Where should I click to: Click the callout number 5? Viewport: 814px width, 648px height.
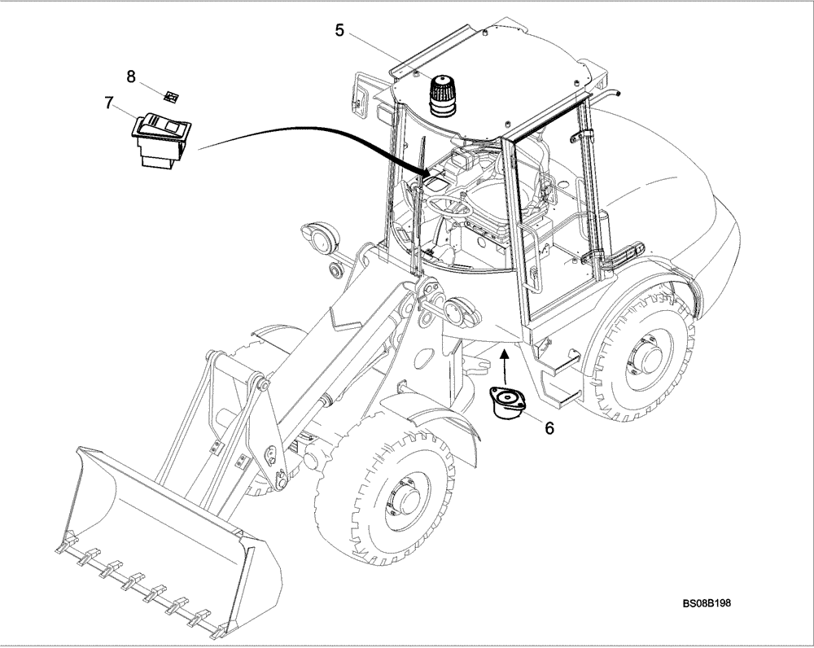339,31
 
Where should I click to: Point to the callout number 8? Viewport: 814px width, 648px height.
131,77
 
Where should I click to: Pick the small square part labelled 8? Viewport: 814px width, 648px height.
171,97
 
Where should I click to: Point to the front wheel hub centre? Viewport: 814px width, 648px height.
398,498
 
